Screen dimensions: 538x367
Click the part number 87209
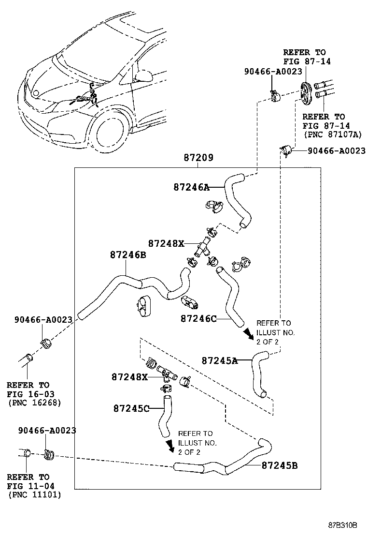(x=198, y=158)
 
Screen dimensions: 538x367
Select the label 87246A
(x=191, y=187)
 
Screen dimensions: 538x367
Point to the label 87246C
(x=198, y=318)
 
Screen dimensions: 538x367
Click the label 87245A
(x=219, y=360)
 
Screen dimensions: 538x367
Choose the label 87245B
(x=280, y=465)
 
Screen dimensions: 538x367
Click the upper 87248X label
(x=166, y=243)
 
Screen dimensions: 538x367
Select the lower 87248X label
(x=129, y=376)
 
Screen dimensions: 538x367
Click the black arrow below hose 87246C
(x=248, y=334)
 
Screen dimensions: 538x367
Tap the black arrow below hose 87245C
(x=170, y=446)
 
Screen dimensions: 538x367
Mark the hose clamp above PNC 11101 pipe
(x=49, y=454)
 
